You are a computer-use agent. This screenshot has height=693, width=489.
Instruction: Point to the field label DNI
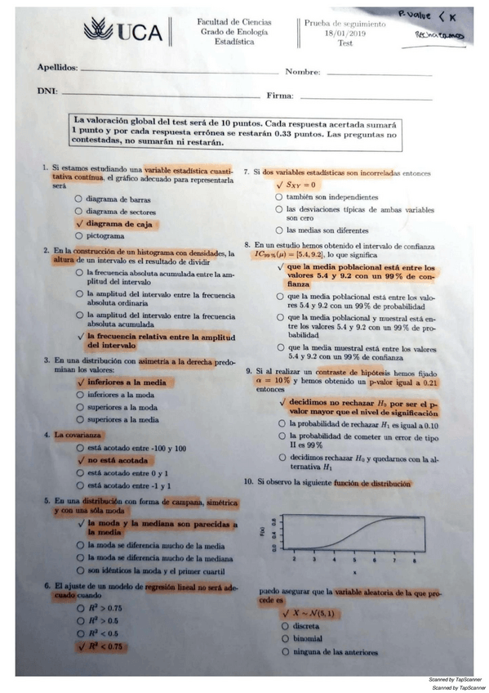[x=47, y=92]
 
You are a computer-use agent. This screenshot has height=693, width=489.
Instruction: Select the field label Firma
[x=279, y=96]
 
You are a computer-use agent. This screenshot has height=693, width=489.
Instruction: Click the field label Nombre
[x=302, y=72]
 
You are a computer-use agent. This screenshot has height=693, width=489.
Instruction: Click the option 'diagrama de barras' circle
[x=78, y=199]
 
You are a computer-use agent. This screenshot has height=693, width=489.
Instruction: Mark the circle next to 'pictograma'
[x=78, y=236]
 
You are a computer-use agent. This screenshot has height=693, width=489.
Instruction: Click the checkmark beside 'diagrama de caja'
[x=78, y=223]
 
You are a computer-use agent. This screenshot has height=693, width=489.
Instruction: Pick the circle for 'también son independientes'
[x=279, y=197]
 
